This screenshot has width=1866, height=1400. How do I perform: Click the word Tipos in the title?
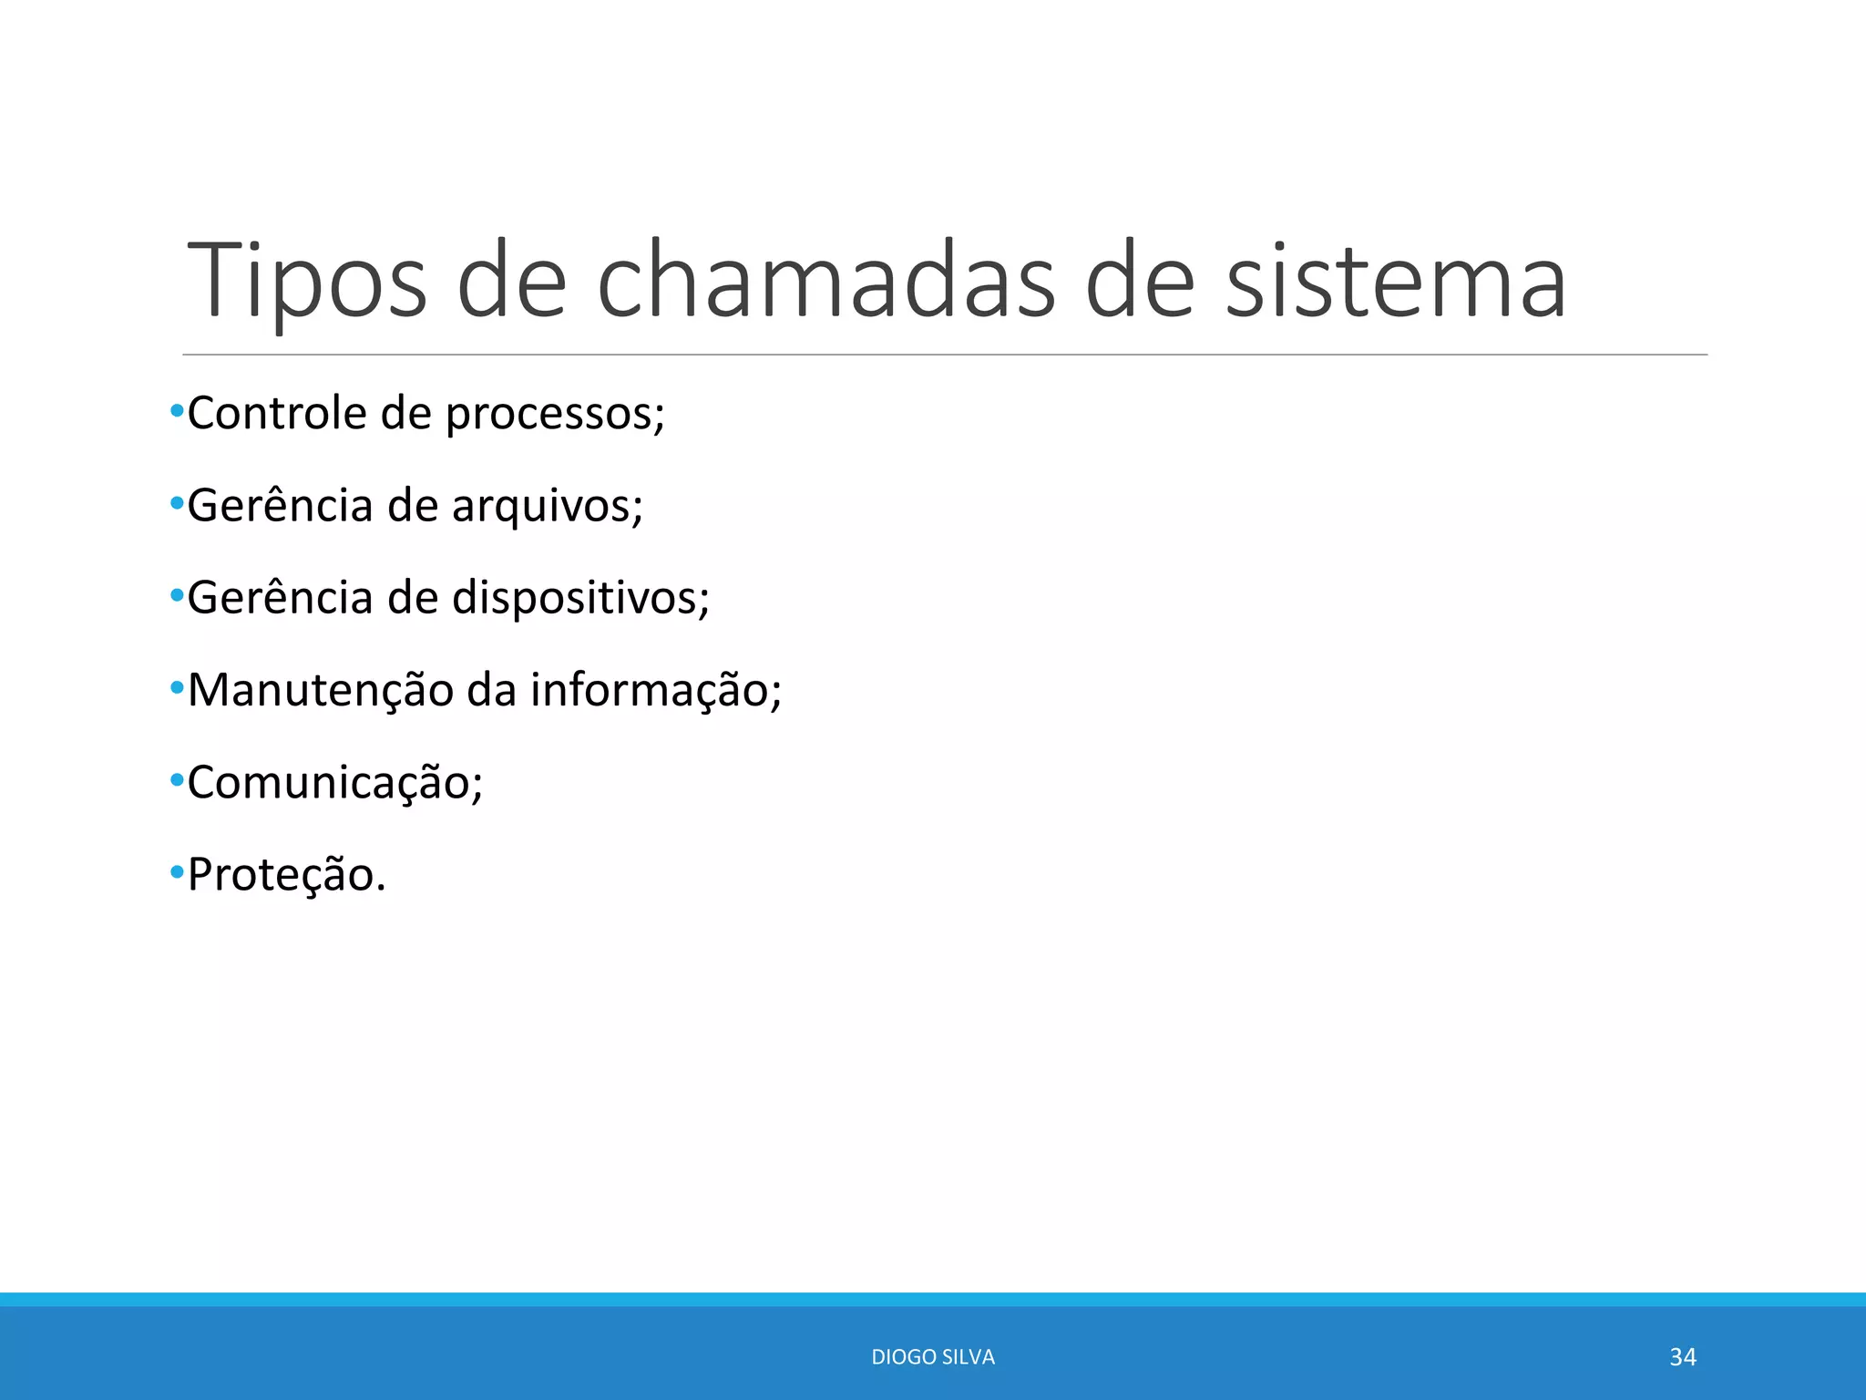(306, 281)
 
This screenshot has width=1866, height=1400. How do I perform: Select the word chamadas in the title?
(825, 281)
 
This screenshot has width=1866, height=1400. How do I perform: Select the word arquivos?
(547, 507)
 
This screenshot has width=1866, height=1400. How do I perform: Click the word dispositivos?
(580, 599)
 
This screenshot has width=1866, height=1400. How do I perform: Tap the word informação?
(656, 691)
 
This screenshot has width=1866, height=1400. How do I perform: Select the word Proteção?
(286, 876)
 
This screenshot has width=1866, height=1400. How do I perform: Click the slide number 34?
(1682, 1357)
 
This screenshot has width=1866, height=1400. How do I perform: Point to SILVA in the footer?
(969, 1357)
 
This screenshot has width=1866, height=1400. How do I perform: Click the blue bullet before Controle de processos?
(177, 411)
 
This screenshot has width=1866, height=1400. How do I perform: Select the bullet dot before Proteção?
(177, 873)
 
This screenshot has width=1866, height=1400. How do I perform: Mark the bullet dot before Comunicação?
(177, 781)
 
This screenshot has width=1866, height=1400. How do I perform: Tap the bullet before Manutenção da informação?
(177, 688)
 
